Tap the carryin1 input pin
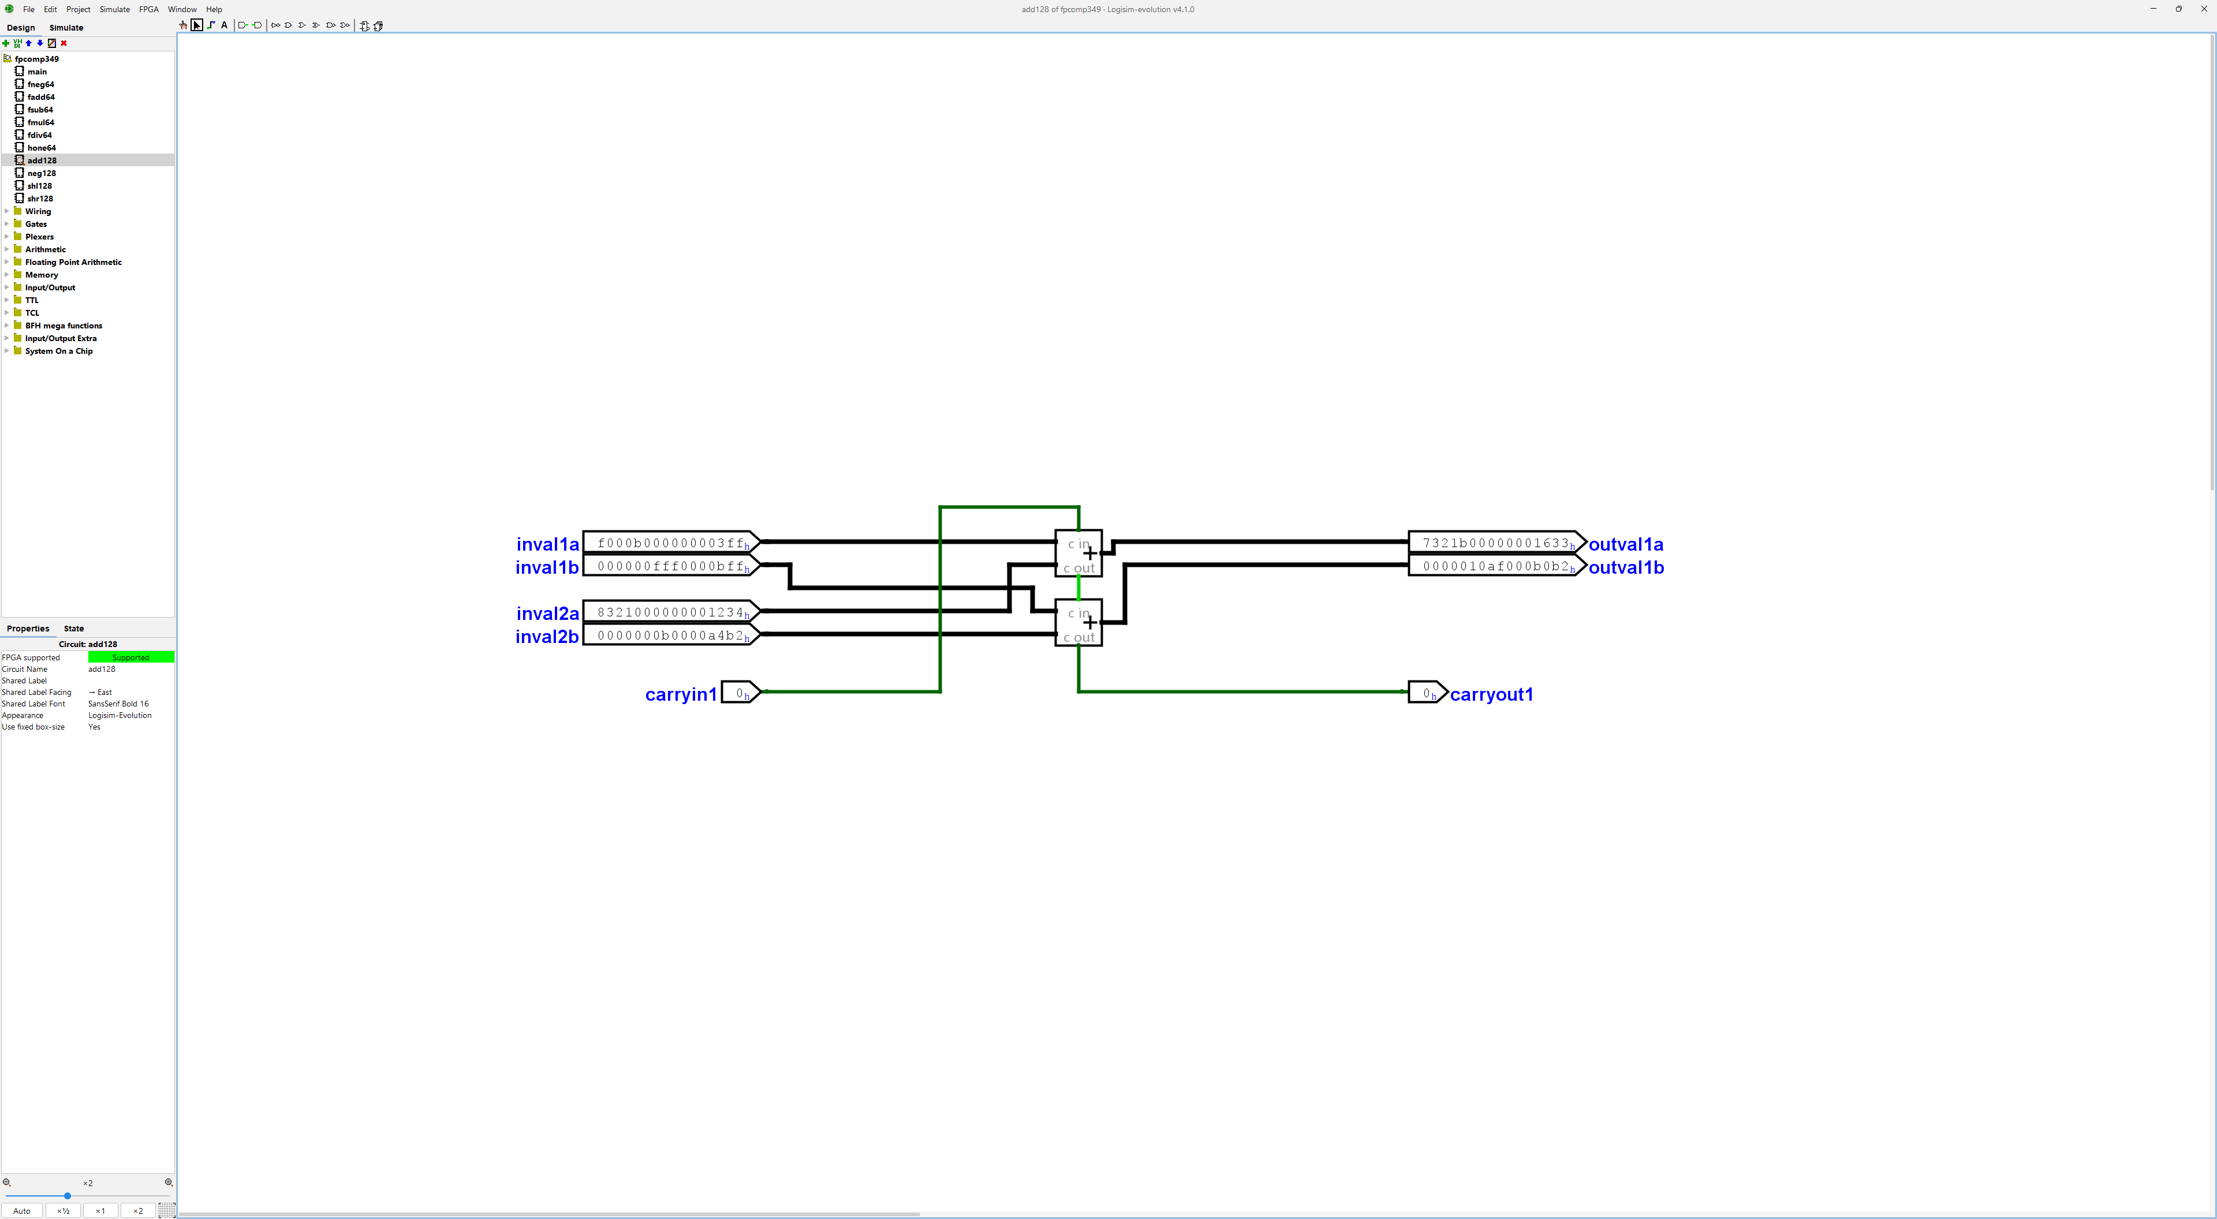pyautogui.click(x=740, y=693)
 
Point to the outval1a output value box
pyautogui.click(x=1496, y=543)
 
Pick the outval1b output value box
pyautogui.click(x=1496, y=566)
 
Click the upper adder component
pyautogui.click(x=1078, y=553)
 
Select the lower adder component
pyautogui.click(x=1078, y=623)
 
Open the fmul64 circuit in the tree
pyautogui.click(x=40, y=122)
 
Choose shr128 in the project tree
pyautogui.click(x=40, y=199)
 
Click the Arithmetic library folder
pyautogui.click(x=45, y=249)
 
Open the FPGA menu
pyautogui.click(x=149, y=9)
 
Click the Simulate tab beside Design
pyautogui.click(x=66, y=28)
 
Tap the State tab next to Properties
pyautogui.click(x=74, y=628)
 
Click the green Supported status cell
pyautogui.click(x=131, y=657)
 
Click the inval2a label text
pyautogui.click(x=547, y=614)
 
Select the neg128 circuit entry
pyautogui.click(x=42, y=173)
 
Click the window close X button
pyautogui.click(x=2203, y=9)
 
